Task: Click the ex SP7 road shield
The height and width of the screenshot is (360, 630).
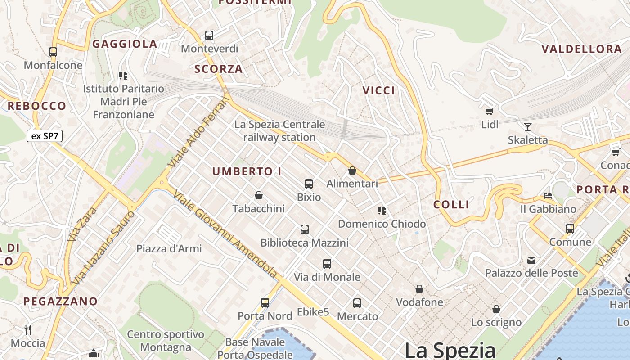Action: point(44,136)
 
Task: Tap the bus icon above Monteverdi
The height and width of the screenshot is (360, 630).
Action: point(209,35)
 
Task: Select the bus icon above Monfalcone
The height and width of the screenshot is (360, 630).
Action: point(53,52)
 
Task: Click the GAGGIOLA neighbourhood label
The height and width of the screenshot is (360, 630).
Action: point(125,44)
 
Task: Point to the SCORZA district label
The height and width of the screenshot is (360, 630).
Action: point(218,69)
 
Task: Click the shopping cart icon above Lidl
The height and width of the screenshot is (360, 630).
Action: point(490,111)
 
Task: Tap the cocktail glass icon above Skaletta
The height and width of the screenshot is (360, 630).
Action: point(527,126)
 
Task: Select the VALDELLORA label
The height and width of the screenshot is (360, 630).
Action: point(581,49)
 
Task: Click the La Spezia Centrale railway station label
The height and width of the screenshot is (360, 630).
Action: point(279,130)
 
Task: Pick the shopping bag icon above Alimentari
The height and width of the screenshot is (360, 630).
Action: point(352,171)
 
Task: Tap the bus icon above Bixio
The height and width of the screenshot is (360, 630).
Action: point(309,184)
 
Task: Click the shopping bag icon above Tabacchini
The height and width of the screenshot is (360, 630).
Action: point(259,195)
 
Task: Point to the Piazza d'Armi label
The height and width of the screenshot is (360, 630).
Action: point(169,248)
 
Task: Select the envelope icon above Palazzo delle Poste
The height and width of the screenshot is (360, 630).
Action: point(531,260)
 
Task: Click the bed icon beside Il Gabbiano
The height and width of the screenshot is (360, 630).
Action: point(548,196)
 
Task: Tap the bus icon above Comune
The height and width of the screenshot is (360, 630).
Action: point(570,229)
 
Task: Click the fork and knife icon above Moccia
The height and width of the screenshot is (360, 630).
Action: point(28,330)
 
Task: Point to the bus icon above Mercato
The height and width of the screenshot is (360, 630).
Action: point(357,303)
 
